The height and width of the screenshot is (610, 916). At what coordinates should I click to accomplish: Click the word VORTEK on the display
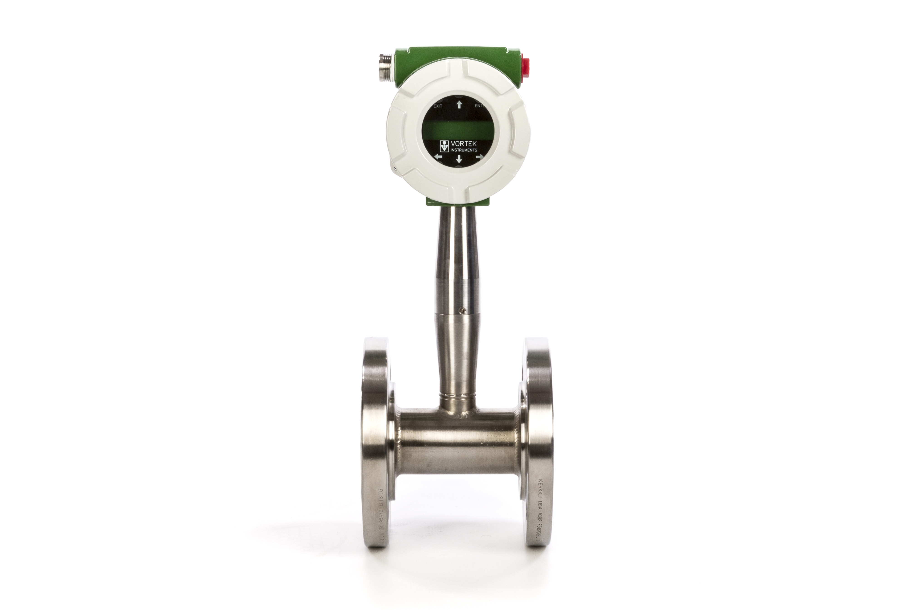463,143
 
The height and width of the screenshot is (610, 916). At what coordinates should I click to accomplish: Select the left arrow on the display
438,157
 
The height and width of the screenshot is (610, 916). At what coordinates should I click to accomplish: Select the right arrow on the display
479,157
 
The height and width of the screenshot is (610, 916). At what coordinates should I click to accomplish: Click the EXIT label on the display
438,106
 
